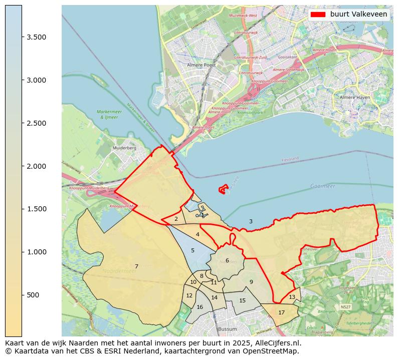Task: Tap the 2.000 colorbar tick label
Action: pos(36,166)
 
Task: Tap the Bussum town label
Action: pos(227,329)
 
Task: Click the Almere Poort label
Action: pos(201,65)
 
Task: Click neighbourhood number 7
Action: pos(136,266)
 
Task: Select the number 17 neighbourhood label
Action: pos(281,312)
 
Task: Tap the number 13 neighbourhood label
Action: pos(292,297)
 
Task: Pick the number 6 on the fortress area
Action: pos(227,260)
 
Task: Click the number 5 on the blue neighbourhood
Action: pos(192,250)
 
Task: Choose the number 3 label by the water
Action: pos(251,221)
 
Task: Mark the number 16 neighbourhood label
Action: pos(200,307)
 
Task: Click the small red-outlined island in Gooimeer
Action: pos(224,189)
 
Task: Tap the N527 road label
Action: pos(345,307)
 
